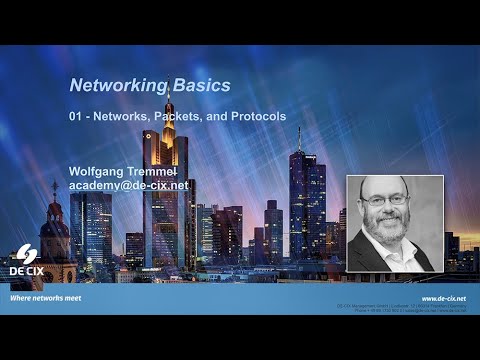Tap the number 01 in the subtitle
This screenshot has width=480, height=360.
coord(76,117)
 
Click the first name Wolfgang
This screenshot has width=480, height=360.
coord(100,171)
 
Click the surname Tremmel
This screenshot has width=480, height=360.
coord(166,171)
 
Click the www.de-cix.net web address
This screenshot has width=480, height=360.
coord(443,298)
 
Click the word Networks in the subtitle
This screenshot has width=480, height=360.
coord(124,117)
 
